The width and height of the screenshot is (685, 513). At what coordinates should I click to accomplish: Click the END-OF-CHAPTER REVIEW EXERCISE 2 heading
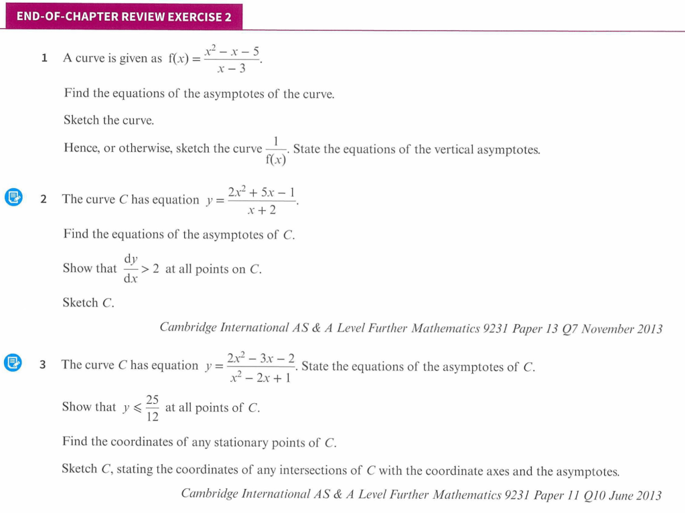click(x=124, y=17)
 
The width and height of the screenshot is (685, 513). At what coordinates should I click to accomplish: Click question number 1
click(x=44, y=58)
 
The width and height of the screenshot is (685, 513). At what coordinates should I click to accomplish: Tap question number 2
click(x=44, y=199)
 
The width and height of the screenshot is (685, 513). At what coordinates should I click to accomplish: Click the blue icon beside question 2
click(x=13, y=198)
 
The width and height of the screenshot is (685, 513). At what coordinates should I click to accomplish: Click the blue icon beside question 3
click(x=13, y=363)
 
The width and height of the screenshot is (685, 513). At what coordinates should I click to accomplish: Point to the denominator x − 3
click(x=232, y=68)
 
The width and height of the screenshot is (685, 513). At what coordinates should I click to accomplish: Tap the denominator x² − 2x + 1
click(x=258, y=378)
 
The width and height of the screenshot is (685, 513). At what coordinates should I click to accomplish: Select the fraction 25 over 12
click(x=153, y=408)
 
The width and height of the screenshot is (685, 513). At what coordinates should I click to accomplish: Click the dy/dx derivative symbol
click(x=131, y=268)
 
